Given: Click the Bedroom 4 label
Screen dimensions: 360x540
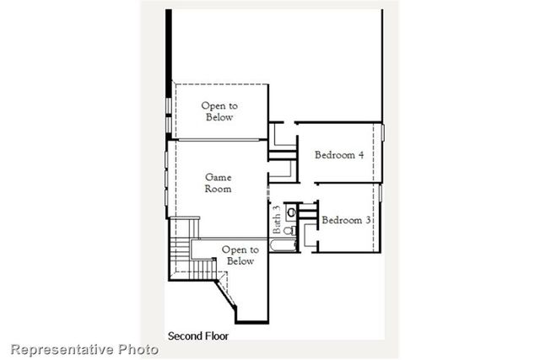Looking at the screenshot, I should click(x=339, y=154).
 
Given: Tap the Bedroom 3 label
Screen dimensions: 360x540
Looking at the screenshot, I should click(x=346, y=219).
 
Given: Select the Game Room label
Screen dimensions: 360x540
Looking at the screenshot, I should click(x=218, y=183).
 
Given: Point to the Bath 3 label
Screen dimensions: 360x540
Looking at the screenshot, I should click(x=276, y=219).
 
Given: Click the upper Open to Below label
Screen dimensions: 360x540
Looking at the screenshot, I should click(x=219, y=111).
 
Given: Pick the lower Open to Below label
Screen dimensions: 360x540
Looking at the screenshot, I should click(x=240, y=255).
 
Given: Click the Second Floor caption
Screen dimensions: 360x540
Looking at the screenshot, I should click(x=198, y=335).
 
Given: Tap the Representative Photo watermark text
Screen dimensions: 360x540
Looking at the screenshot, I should click(x=84, y=348).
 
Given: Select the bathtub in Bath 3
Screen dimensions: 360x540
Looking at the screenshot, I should click(x=282, y=247).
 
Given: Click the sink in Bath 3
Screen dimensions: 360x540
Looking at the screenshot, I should click(x=290, y=212).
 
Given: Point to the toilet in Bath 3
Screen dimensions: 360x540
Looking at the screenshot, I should click(x=289, y=229).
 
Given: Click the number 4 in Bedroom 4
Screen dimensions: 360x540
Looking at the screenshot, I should click(x=360, y=154).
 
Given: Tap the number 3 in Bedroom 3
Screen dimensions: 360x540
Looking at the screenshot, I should click(x=368, y=219).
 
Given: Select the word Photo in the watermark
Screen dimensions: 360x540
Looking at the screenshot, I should click(x=138, y=348).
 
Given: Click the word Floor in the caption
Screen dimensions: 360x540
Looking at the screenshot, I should click(x=215, y=335).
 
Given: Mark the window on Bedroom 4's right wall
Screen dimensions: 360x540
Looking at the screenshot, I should click(x=382, y=133).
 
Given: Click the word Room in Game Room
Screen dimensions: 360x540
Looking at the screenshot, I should click(x=218, y=189).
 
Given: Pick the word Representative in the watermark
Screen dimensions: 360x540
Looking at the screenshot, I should click(x=62, y=348).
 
